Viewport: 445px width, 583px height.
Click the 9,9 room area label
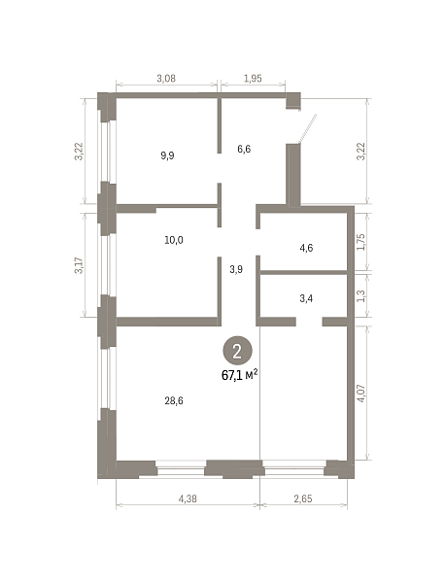[167, 155]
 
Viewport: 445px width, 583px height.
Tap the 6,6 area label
[244, 149]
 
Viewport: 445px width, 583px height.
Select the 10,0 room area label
[174, 240]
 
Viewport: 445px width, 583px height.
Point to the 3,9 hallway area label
[236, 269]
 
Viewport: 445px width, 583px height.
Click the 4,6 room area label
[306, 248]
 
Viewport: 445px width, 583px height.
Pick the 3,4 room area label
[306, 298]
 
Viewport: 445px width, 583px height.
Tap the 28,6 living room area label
[174, 400]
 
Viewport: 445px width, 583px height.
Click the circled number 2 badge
[237, 352]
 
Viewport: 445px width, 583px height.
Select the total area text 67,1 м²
[240, 375]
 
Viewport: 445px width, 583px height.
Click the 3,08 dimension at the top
[166, 78]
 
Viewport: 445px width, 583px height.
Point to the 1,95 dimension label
[253, 78]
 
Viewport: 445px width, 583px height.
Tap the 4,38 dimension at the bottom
[188, 498]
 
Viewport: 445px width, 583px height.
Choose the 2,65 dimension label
[303, 498]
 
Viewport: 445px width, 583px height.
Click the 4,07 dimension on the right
[361, 393]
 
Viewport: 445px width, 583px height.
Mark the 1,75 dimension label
[361, 242]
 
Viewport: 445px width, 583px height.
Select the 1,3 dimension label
[361, 296]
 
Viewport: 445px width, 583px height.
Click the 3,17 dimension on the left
[79, 265]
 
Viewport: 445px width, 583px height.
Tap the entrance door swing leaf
[308, 128]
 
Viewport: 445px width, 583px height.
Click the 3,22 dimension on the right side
[361, 152]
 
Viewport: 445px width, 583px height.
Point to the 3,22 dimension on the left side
[79, 152]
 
